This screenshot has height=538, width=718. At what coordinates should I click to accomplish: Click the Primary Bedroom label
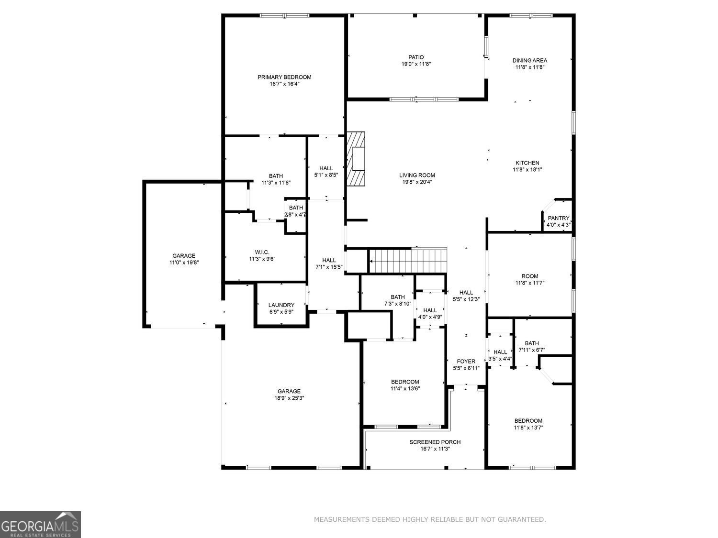(284, 77)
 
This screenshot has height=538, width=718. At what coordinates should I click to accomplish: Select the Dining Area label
(529, 60)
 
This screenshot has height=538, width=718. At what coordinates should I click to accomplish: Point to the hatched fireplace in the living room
(356, 159)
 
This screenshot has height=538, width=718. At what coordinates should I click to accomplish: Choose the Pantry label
(559, 218)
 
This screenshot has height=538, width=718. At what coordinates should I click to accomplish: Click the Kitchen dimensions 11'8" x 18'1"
(527, 169)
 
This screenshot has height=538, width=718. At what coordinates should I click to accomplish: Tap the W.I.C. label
(262, 252)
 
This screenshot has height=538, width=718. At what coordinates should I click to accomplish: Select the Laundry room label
(281, 305)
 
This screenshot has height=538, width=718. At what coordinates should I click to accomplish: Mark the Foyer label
(466, 362)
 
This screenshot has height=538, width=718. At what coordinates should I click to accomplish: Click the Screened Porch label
(435, 442)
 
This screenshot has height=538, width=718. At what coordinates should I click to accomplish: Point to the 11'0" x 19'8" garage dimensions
(184, 263)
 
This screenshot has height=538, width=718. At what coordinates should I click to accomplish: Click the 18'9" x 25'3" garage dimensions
(289, 398)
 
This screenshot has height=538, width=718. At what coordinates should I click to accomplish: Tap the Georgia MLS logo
(40, 525)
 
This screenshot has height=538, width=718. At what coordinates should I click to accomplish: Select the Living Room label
(417, 175)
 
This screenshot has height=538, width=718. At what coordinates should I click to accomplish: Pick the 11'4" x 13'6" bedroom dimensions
(405, 388)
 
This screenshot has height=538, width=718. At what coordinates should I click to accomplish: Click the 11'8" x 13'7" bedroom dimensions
(528, 428)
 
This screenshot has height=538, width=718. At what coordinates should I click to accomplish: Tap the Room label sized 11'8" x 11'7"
(529, 276)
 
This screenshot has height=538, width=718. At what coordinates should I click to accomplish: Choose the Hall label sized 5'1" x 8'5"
(326, 168)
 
